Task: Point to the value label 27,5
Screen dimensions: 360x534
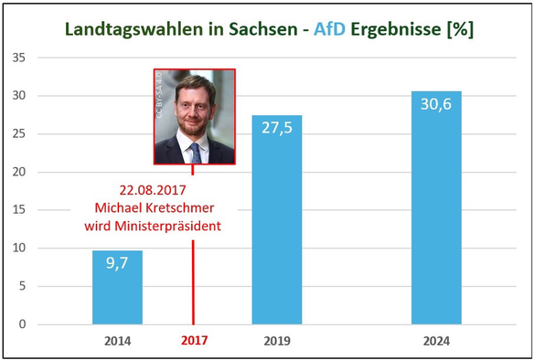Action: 277,127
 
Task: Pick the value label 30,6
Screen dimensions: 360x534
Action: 436,103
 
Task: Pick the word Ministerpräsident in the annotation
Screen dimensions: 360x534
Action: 166,226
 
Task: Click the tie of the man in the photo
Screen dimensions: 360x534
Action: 195,152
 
